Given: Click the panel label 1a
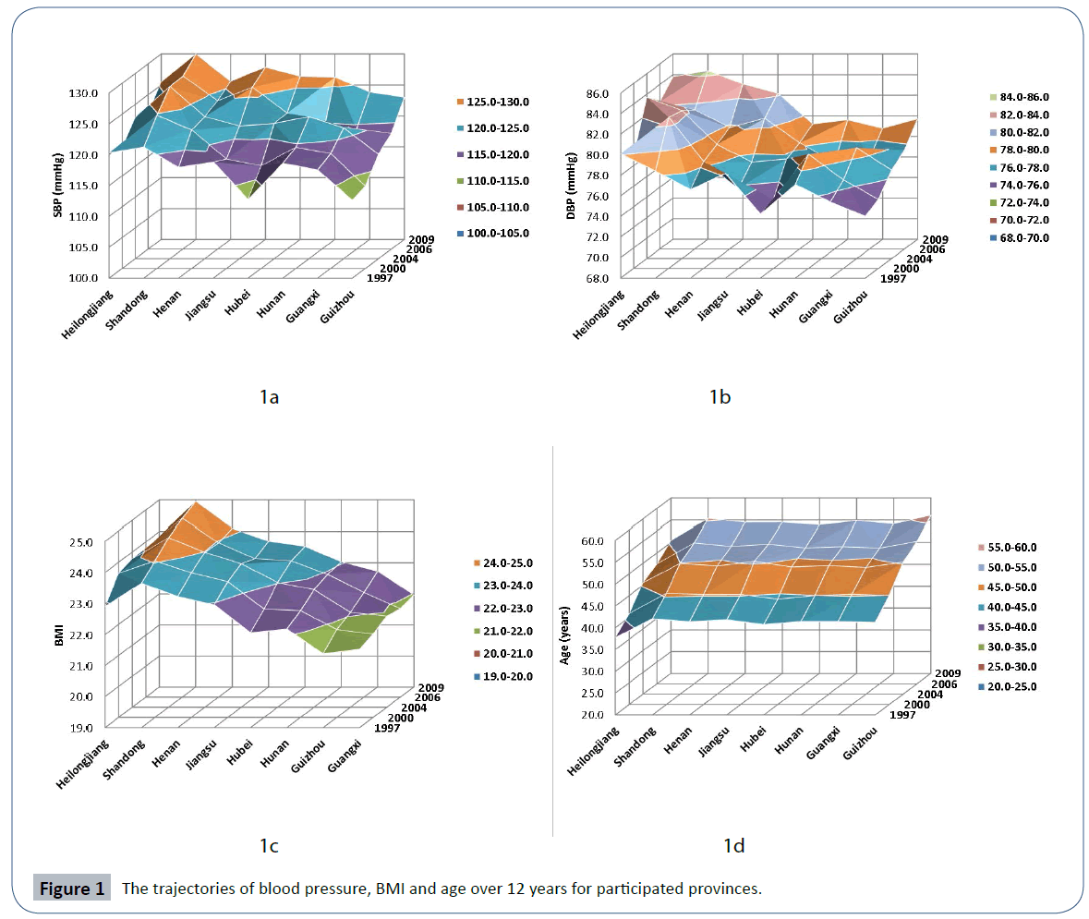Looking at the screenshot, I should [269, 397].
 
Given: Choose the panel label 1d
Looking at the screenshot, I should [733, 846].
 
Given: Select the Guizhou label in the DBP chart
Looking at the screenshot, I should [852, 305].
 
